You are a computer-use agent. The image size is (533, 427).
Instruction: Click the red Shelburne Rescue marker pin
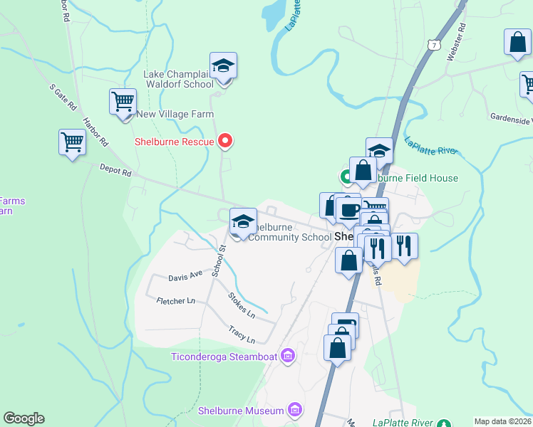(225, 140)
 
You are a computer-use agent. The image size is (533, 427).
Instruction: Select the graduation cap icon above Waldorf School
(224, 67)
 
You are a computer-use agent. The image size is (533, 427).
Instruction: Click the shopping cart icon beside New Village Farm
(123, 102)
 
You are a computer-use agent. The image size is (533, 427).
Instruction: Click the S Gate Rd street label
(63, 98)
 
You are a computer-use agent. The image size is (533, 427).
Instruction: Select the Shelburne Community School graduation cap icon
(243, 221)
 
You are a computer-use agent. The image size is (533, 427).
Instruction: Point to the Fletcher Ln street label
(175, 301)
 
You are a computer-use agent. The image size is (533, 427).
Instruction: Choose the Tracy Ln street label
(241, 333)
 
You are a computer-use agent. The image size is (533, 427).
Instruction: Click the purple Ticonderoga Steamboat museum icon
(288, 355)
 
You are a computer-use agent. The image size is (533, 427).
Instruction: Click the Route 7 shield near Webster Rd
(433, 45)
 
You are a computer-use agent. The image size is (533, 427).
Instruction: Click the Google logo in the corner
(24, 418)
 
